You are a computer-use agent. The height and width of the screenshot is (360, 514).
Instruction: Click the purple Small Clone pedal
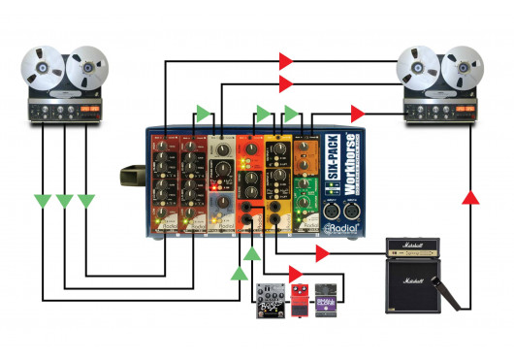(328, 301)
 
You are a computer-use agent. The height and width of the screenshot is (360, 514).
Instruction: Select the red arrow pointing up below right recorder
(468, 199)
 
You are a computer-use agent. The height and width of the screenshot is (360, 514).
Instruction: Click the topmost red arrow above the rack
(285, 60)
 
